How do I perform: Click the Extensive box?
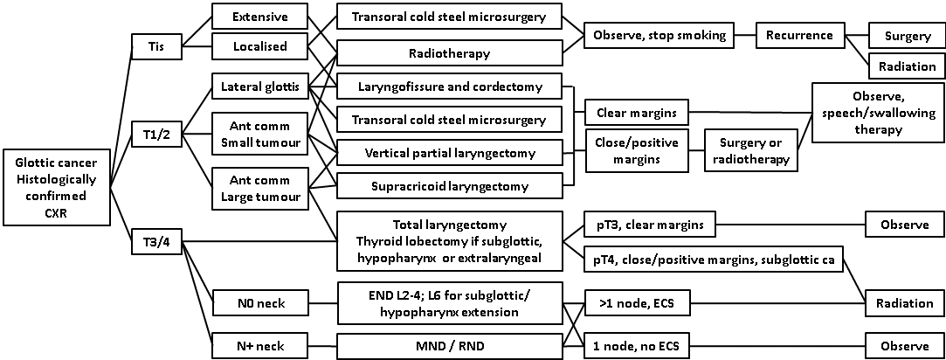coord(261,17)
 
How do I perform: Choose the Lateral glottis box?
coord(261,87)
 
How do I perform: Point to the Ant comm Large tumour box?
coord(261,187)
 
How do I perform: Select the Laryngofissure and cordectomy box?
coord(449,87)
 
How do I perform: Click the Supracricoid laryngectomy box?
coord(449,185)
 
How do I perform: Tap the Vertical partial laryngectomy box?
coord(449,153)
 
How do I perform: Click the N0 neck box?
coord(261,304)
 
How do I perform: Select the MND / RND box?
coord(449,344)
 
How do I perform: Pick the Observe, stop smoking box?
coord(659,36)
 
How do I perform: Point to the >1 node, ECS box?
coord(637,304)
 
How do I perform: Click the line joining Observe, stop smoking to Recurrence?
coord(744,36)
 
